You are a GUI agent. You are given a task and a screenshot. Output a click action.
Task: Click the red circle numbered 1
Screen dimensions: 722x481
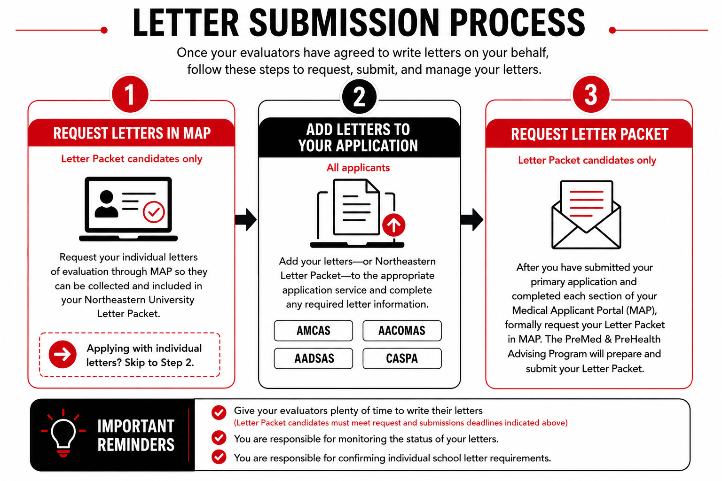click(x=130, y=94)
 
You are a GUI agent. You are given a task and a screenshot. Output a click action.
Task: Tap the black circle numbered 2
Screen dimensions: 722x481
click(x=359, y=96)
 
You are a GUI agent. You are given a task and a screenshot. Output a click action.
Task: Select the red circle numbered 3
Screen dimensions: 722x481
click(x=591, y=94)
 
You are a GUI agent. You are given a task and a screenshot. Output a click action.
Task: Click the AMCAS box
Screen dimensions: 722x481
click(x=314, y=331)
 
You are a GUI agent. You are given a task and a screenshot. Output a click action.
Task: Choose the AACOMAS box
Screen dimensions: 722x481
click(x=402, y=331)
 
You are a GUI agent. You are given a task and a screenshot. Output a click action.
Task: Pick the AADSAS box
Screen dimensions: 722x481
click(x=314, y=358)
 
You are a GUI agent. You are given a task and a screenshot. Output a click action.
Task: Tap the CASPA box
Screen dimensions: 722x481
click(x=402, y=358)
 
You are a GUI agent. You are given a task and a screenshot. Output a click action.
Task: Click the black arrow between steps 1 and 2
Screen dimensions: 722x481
click(x=246, y=220)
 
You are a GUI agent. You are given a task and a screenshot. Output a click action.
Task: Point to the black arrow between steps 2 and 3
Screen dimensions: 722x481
click(x=472, y=220)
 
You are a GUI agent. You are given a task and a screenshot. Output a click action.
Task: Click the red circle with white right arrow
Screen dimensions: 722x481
click(x=63, y=354)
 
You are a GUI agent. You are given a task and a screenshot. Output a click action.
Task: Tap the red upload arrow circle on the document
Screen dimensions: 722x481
click(x=393, y=225)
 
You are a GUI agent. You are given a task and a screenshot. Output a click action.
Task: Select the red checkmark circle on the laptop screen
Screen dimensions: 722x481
click(x=154, y=212)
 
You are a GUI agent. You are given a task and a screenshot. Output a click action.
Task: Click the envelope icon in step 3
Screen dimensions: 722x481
click(x=586, y=215)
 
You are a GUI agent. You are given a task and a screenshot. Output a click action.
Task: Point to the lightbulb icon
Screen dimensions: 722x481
click(x=63, y=433)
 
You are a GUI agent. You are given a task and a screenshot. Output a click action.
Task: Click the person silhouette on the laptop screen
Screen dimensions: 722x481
click(x=106, y=204)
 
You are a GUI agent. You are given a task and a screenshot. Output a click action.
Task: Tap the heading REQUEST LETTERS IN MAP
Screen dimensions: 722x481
click(x=132, y=133)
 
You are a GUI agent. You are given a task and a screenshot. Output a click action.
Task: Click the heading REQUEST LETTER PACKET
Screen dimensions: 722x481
click(x=589, y=134)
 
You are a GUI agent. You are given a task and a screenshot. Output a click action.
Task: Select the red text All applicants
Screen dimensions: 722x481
click(x=358, y=168)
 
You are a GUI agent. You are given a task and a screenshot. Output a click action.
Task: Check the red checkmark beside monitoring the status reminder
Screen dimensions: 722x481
click(x=219, y=438)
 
